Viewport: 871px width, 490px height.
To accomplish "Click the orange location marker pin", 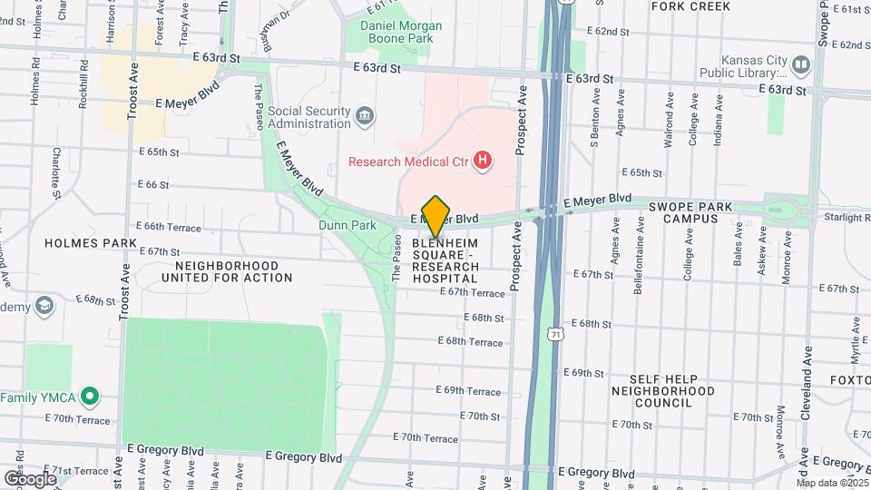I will pos(436,216).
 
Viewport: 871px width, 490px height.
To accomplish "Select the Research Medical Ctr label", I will pos(408,162).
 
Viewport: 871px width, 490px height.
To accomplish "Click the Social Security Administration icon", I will pos(364,115).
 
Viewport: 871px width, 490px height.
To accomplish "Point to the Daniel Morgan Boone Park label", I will pos(401,33).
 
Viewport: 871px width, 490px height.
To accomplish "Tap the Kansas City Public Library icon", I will pos(800,64).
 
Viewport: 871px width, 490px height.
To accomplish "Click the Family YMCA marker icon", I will pos(89,397).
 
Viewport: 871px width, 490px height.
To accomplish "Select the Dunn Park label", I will pos(347,225).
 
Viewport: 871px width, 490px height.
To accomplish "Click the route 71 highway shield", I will pos(554,335).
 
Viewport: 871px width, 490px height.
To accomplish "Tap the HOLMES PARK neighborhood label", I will pos(91,243).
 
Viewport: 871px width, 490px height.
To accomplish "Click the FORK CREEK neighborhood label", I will pos(690,6).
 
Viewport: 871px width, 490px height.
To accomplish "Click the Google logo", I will pos(29,478).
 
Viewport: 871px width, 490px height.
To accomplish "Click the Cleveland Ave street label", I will pos(806,390).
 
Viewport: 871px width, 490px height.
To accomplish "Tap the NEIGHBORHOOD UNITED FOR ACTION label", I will pos(228,271).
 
